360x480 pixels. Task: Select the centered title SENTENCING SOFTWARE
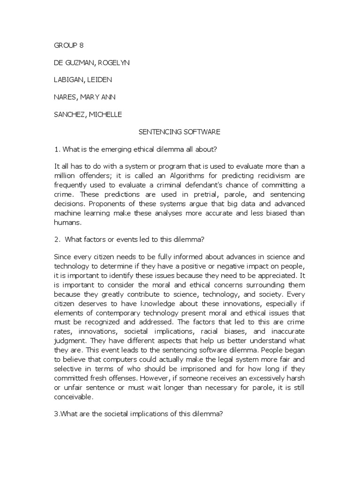pyautogui.click(x=180, y=132)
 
